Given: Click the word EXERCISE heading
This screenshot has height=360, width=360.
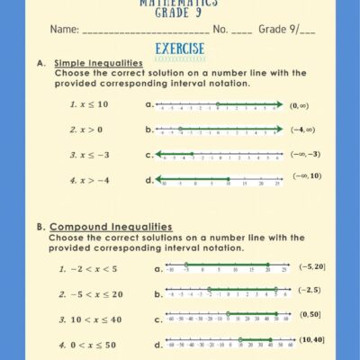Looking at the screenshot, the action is tap(180, 49).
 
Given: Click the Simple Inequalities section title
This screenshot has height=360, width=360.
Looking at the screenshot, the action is tap(94, 63).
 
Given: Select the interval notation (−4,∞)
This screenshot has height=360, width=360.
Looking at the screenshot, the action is tap(303, 130).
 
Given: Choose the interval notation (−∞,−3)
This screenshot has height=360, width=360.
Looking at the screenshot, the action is tap(305, 154).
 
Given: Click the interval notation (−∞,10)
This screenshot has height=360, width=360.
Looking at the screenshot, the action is tap(307, 176).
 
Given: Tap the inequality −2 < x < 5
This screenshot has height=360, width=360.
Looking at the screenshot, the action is tap(87, 269).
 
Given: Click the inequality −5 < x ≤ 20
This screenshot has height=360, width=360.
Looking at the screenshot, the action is tap(90, 294).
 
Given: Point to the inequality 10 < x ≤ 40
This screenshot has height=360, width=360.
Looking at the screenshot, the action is tap(90, 319).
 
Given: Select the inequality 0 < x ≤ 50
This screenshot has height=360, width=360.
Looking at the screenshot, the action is tap(86, 345).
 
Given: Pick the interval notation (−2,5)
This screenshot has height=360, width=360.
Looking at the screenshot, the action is tap(308, 290).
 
